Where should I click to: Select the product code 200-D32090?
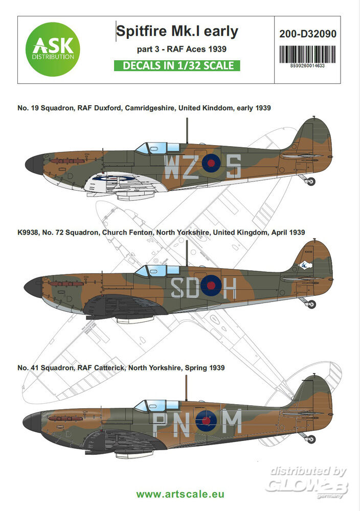pos(308,34)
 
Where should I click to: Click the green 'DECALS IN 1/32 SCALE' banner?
pos(177,65)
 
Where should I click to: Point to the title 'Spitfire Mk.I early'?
pos(177,32)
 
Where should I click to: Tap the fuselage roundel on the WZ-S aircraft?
pos(211,164)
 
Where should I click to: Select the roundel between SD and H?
pos(210,286)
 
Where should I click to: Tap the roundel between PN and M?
pos(206,421)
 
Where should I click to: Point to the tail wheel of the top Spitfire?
pos(310,181)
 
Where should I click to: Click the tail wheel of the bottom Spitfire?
pos(310,439)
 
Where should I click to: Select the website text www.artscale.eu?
pos(179,495)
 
